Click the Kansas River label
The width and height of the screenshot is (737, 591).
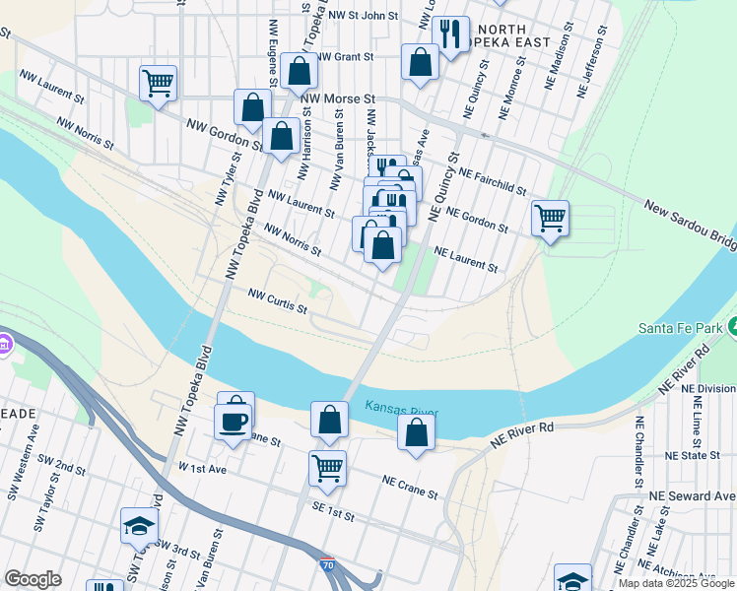[402, 408]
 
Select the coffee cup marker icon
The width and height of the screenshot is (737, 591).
[234, 422]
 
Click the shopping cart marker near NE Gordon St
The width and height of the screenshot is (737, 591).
[550, 217]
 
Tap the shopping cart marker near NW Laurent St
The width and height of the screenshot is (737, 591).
[158, 83]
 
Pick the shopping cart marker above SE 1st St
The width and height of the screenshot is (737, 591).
[327, 468]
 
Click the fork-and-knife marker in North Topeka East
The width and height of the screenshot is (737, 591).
[451, 34]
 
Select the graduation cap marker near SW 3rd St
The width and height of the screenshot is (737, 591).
[139, 526]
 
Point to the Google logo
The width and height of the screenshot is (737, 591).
[33, 579]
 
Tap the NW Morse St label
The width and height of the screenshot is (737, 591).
[339, 99]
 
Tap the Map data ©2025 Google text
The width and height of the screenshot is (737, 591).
[676, 583]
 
